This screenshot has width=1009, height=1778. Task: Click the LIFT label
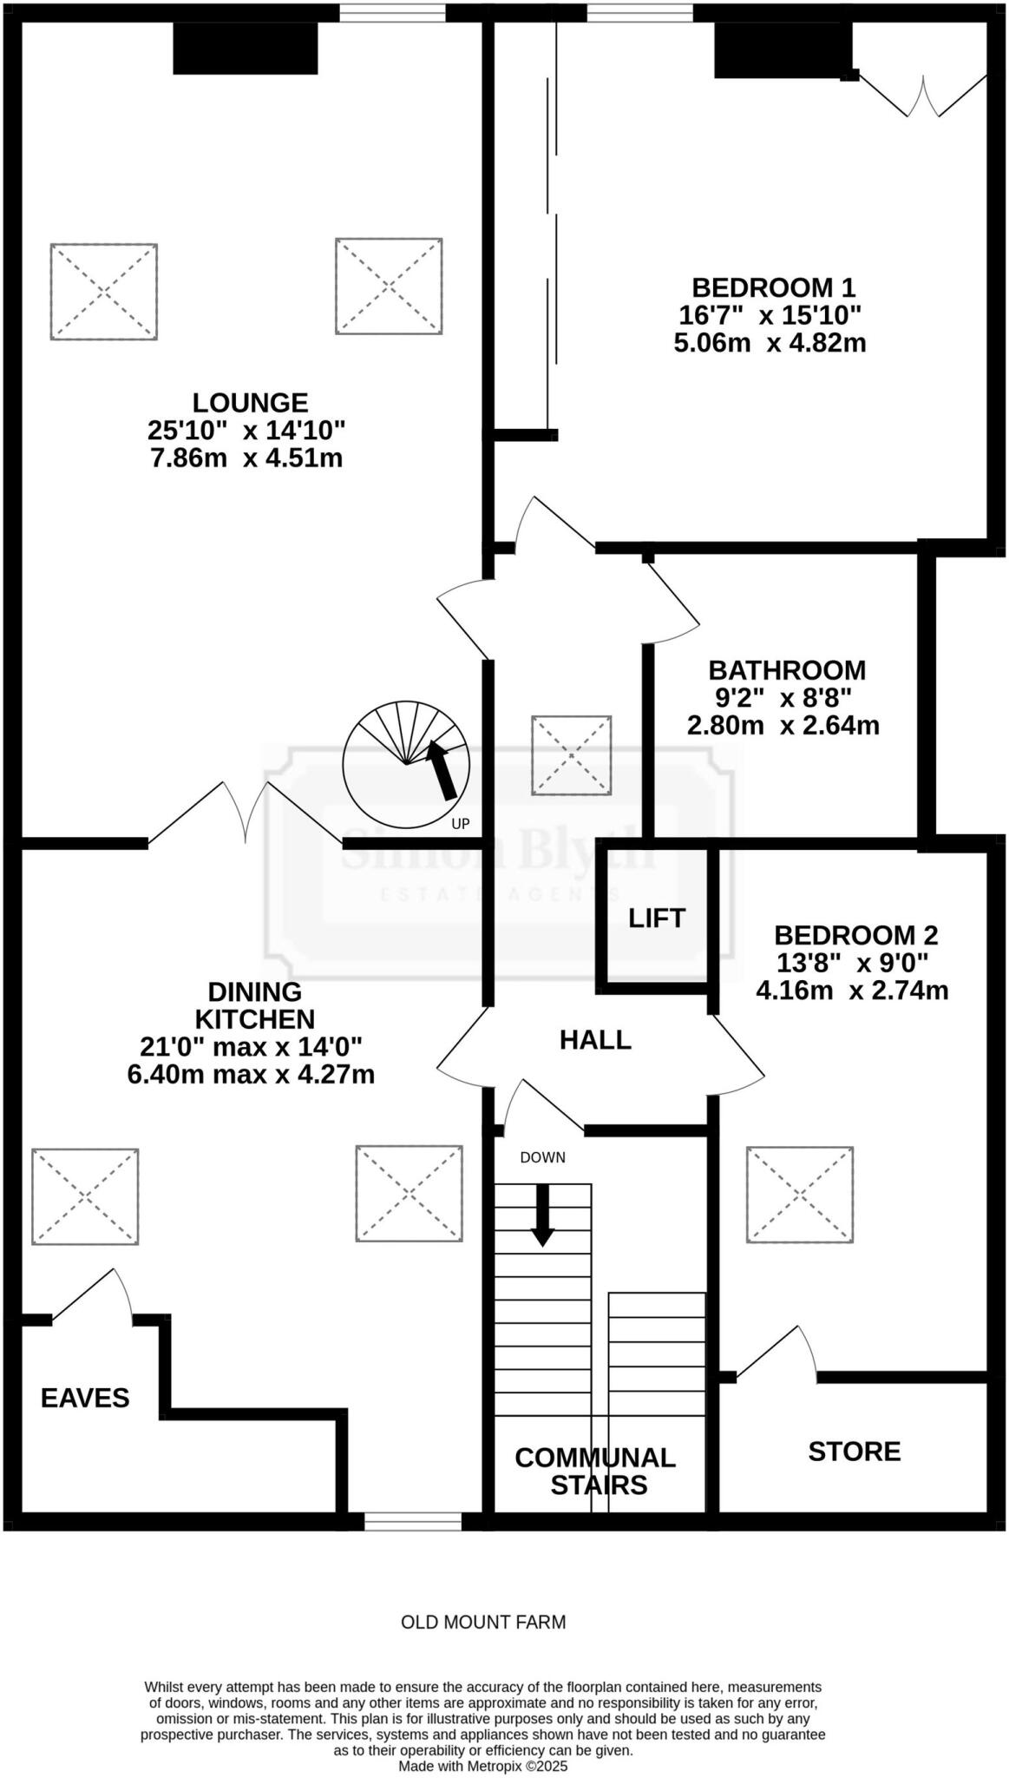(x=657, y=918)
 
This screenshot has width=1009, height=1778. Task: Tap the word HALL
(x=595, y=1039)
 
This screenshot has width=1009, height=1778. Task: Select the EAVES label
(x=85, y=1398)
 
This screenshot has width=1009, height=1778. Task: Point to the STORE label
(x=854, y=1452)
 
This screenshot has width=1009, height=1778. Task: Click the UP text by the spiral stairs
(x=461, y=823)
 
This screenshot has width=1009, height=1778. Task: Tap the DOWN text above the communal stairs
(x=542, y=1157)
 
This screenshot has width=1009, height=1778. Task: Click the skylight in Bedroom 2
(x=799, y=1195)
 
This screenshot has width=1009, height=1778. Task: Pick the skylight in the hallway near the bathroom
(x=571, y=754)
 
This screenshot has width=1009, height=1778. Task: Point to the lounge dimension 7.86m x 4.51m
(x=246, y=458)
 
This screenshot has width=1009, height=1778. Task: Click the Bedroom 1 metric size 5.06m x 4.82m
(x=770, y=342)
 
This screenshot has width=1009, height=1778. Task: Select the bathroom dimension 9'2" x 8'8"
(x=783, y=697)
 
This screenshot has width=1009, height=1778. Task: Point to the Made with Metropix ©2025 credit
(x=482, y=1766)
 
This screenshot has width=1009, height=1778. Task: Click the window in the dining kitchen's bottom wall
(x=413, y=1522)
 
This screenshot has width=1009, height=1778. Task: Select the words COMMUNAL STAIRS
(x=595, y=1471)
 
